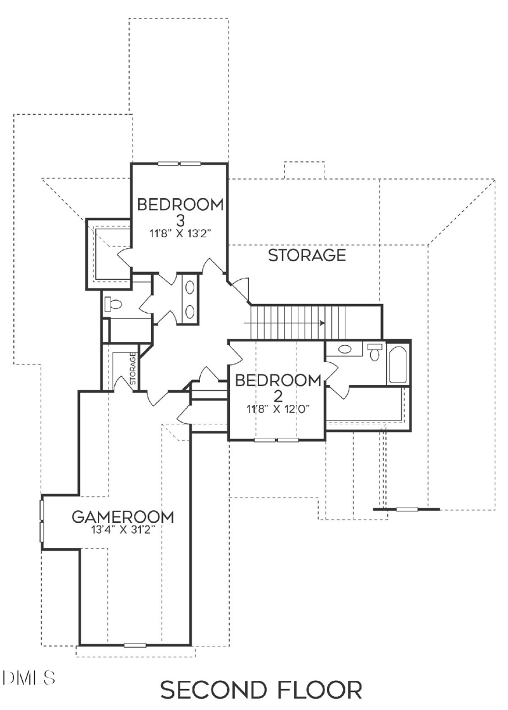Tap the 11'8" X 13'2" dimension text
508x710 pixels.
(180, 233)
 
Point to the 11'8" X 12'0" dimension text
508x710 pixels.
(277, 408)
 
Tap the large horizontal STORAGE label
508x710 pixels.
(307, 256)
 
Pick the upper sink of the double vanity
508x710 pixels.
(190, 287)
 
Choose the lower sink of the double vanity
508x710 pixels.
(190, 310)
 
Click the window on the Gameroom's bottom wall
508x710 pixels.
(135, 645)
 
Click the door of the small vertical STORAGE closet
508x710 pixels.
(123, 383)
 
